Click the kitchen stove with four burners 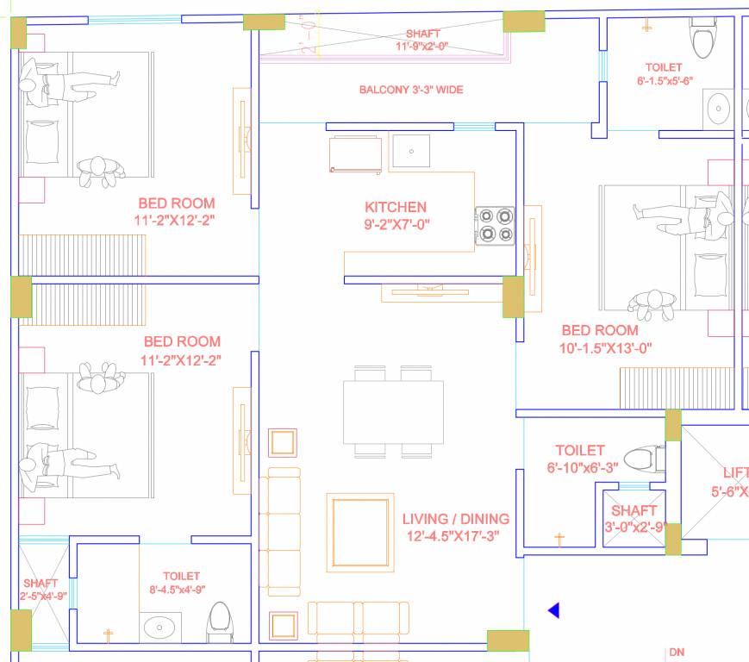(495, 226)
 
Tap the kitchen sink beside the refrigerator (411, 151)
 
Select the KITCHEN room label (396, 207)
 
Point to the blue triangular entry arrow (554, 610)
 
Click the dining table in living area (393, 412)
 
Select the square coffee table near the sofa (359, 532)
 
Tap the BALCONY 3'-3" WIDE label (411, 90)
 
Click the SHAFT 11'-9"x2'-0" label (422, 41)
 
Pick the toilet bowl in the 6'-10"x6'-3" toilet (642, 458)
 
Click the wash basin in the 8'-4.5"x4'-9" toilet (160, 628)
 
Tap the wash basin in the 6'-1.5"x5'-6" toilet (717, 109)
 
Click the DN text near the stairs (677, 653)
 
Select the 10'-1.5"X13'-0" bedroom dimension (605, 348)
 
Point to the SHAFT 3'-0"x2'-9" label (634, 519)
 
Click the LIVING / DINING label (456, 519)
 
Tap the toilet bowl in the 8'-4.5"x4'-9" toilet (220, 621)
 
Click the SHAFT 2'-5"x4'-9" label (41, 590)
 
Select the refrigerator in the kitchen (355, 153)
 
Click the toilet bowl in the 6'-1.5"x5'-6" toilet (704, 39)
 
